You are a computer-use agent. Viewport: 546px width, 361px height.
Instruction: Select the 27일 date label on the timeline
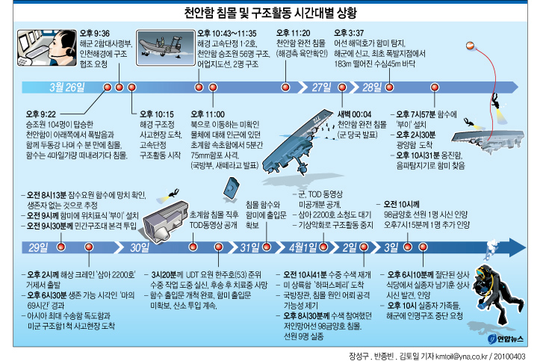pos(321,87)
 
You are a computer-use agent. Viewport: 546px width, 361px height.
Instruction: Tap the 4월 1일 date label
pos(303,247)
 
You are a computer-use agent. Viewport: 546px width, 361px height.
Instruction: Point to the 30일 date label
pos(140,247)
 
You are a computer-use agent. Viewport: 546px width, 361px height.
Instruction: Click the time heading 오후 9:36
pos(94,34)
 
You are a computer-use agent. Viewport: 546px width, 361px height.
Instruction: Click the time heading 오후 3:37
pos(350,34)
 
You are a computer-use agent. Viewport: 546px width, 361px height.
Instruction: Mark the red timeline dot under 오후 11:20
pos(285,87)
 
